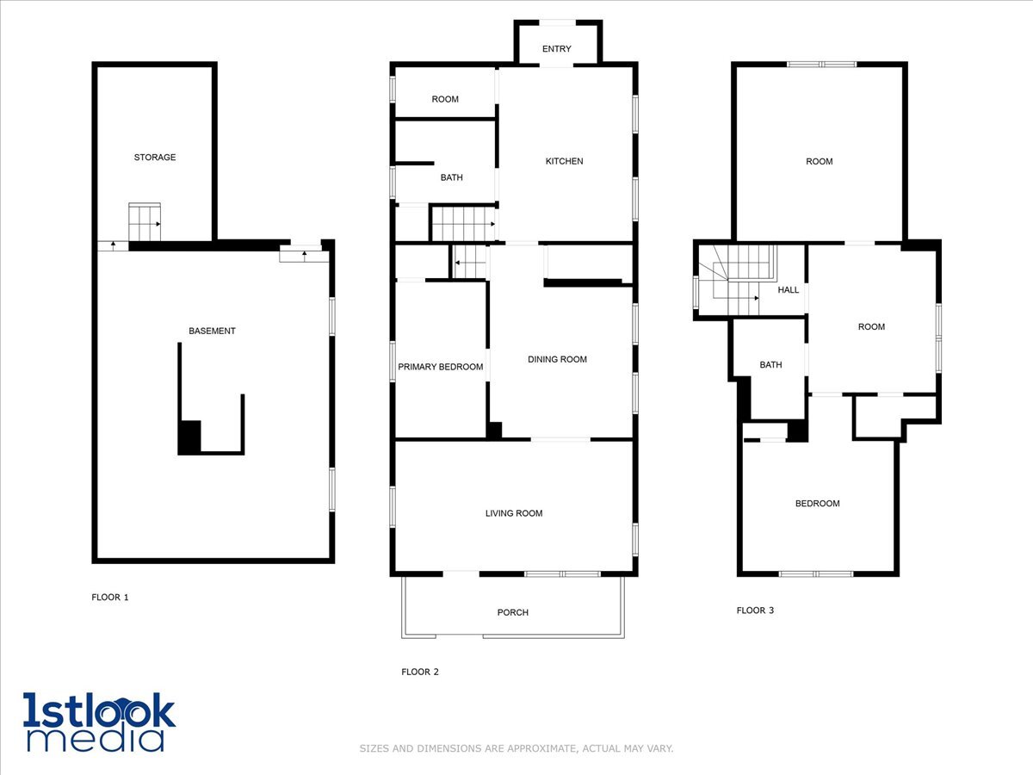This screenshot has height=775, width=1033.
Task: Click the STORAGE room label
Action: click(155, 158)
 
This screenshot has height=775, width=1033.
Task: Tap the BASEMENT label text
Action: click(212, 331)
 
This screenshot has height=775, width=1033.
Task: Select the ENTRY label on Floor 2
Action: click(556, 49)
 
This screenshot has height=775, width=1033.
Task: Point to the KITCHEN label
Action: click(564, 161)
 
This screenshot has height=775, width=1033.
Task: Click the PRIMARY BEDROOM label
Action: click(440, 367)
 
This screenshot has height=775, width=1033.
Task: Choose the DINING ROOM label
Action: click(557, 359)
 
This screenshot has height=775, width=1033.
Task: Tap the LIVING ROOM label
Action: click(514, 513)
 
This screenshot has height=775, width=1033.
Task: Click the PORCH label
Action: click(512, 612)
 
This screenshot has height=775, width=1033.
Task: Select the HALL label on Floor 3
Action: click(788, 290)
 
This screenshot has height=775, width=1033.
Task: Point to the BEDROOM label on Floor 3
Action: click(817, 504)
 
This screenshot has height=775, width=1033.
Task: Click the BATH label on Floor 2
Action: click(451, 177)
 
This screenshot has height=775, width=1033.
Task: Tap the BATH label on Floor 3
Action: click(770, 365)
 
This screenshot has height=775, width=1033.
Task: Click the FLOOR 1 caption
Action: click(110, 597)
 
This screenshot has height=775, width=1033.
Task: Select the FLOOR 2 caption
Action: click(420, 672)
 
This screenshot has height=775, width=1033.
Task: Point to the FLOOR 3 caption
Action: click(755, 611)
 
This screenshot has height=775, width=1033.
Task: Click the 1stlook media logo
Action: click(99, 722)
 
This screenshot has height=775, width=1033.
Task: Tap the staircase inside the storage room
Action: click(145, 224)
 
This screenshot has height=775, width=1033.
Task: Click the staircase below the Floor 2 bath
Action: click(462, 224)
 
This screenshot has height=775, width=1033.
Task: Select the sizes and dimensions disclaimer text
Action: click(516, 748)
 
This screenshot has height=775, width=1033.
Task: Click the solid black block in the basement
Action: click(189, 437)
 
